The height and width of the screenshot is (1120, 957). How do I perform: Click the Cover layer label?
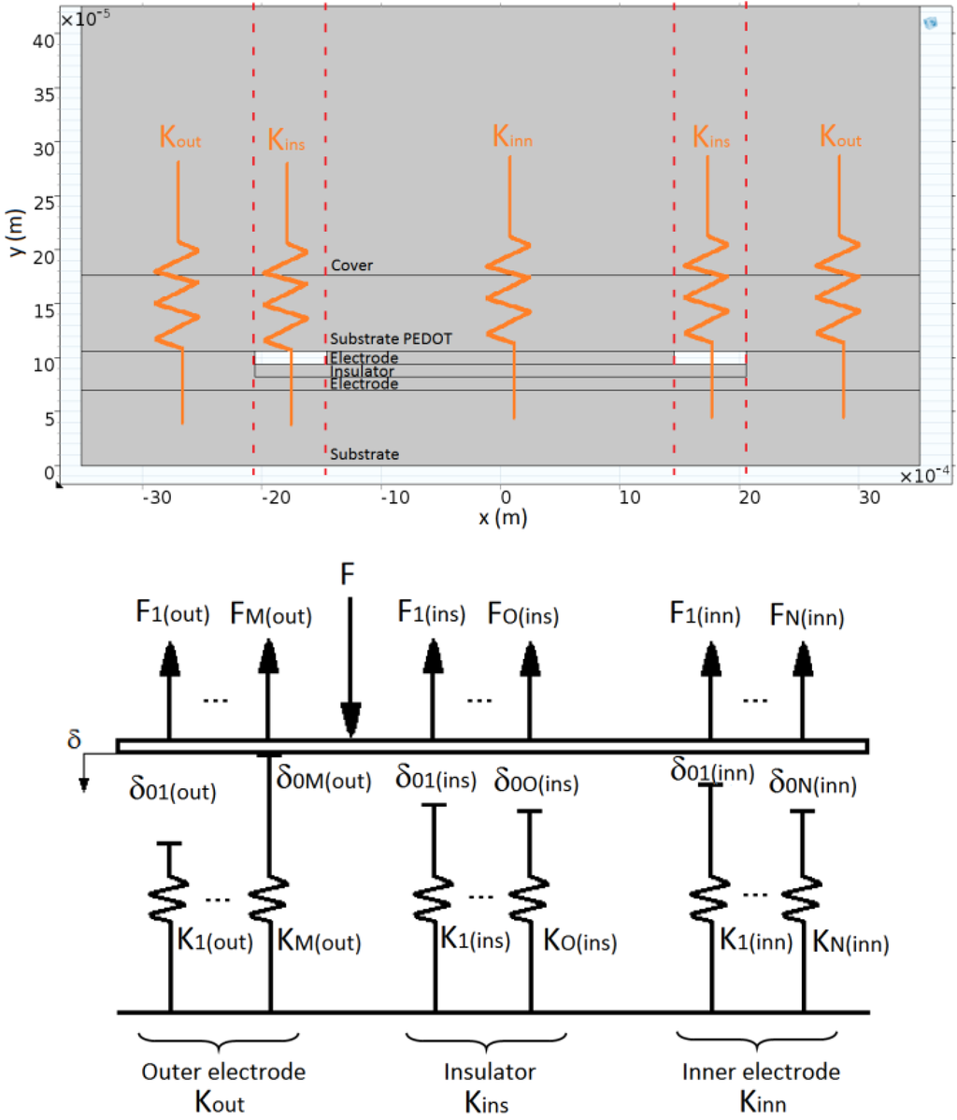[x=351, y=266]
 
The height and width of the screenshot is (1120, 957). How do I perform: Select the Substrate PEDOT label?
[x=391, y=338]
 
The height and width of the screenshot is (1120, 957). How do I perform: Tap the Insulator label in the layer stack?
[x=362, y=371]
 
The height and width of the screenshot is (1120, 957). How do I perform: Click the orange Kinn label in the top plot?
[x=512, y=138]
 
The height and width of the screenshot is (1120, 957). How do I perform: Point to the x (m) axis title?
[x=502, y=516]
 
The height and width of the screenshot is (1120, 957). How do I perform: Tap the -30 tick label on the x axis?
[x=155, y=497]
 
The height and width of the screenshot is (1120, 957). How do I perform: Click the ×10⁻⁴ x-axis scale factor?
[x=924, y=476]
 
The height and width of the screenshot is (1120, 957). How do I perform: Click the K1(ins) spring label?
[x=475, y=939]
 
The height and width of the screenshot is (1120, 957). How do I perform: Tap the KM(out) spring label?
[x=319, y=941]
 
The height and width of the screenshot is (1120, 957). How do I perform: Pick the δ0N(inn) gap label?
[x=812, y=783]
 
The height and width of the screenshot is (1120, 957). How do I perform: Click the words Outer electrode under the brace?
[x=223, y=1071]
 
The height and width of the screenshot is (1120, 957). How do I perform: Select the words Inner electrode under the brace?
[x=762, y=1071]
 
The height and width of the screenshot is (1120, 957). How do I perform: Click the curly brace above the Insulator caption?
[x=487, y=1041]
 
